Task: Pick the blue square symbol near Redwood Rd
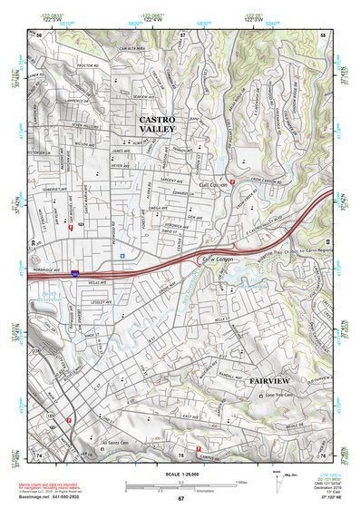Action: [x=121, y=255]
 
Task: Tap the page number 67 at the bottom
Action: [x=180, y=499]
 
